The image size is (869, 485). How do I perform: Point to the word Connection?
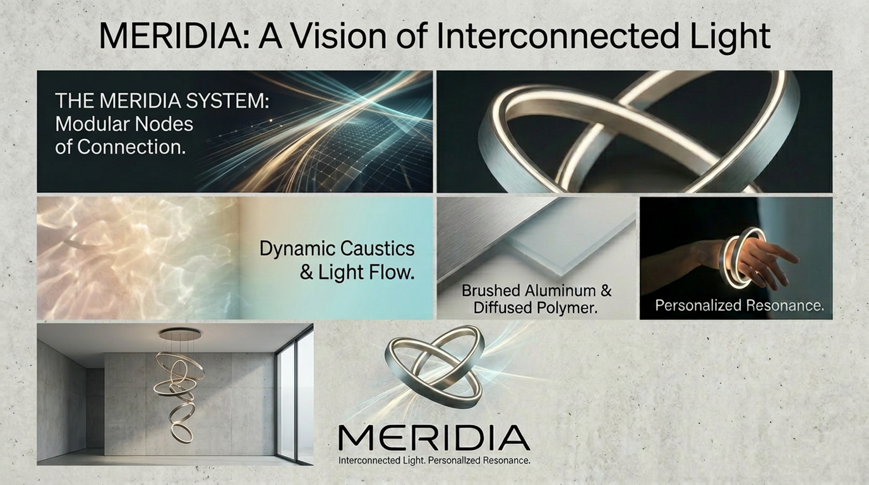131,147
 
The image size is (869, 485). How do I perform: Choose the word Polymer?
566,308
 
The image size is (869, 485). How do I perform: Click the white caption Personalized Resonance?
740,306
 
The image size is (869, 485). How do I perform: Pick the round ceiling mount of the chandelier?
180,333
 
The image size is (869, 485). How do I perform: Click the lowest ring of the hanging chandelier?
181,434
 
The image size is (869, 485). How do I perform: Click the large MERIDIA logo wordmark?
434,438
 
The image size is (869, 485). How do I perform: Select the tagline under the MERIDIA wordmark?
434,460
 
